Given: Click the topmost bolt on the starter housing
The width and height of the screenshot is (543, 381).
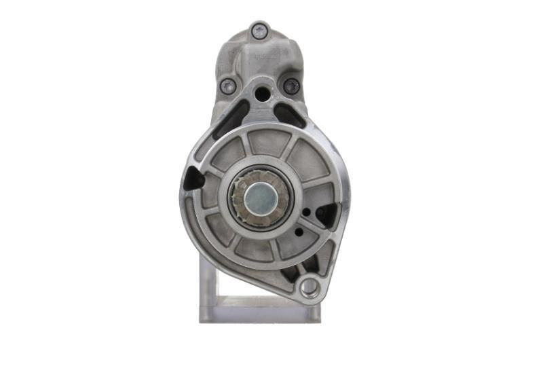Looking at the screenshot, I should pyautogui.click(x=259, y=31).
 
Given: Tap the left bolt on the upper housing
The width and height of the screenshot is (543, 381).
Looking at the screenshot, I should pyautogui.click(x=228, y=86).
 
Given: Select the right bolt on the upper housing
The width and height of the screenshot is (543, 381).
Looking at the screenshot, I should pyautogui.click(x=291, y=86).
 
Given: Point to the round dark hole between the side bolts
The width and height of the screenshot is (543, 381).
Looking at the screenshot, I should pyautogui.click(x=262, y=94).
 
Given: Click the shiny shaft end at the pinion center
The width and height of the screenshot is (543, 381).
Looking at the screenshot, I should pyautogui.click(x=258, y=197).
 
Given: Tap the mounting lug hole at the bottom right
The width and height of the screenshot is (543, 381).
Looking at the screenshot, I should pyautogui.click(x=309, y=287).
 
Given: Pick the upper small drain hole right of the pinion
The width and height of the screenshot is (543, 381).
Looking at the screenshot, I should pyautogui.click(x=307, y=212).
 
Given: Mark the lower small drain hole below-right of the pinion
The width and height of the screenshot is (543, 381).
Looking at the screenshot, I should pyautogui.click(x=298, y=232).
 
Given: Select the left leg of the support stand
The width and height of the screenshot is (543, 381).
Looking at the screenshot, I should pyautogui.click(x=206, y=285).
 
